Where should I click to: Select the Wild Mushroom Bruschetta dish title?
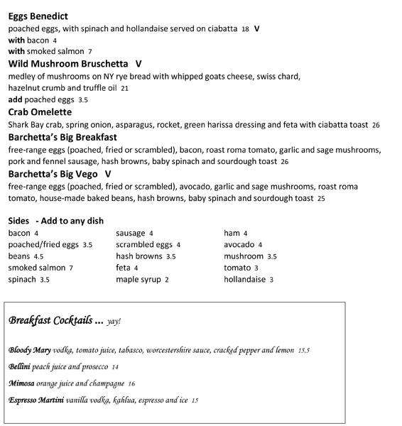tap(68, 64)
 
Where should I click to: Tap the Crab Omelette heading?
tap(40, 112)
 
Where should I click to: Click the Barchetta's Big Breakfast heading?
tap(63, 137)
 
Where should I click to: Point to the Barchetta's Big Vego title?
tap(53, 174)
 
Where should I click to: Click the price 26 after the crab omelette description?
tap(376, 126)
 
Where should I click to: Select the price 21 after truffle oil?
tap(124, 89)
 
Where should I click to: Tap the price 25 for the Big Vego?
tap(321, 199)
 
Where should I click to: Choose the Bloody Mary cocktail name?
tap(29, 350)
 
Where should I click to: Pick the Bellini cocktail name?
tap(19, 367)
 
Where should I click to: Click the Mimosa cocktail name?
tap(21, 383)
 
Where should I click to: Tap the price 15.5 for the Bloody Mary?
tap(303, 351)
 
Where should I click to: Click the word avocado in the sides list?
tap(239, 245)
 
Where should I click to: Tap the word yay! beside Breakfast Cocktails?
tap(114, 322)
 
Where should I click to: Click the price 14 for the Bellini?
tap(115, 368)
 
